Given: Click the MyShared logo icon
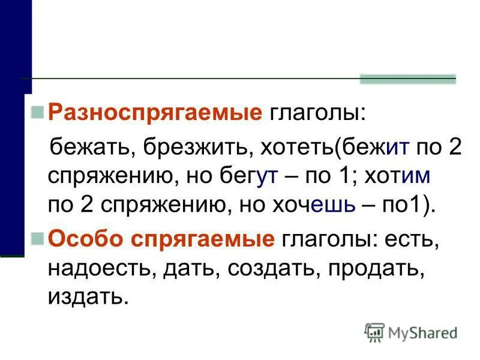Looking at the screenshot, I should [x=375, y=332].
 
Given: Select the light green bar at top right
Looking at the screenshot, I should [x=407, y=79].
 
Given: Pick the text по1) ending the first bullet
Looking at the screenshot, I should [x=407, y=206].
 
